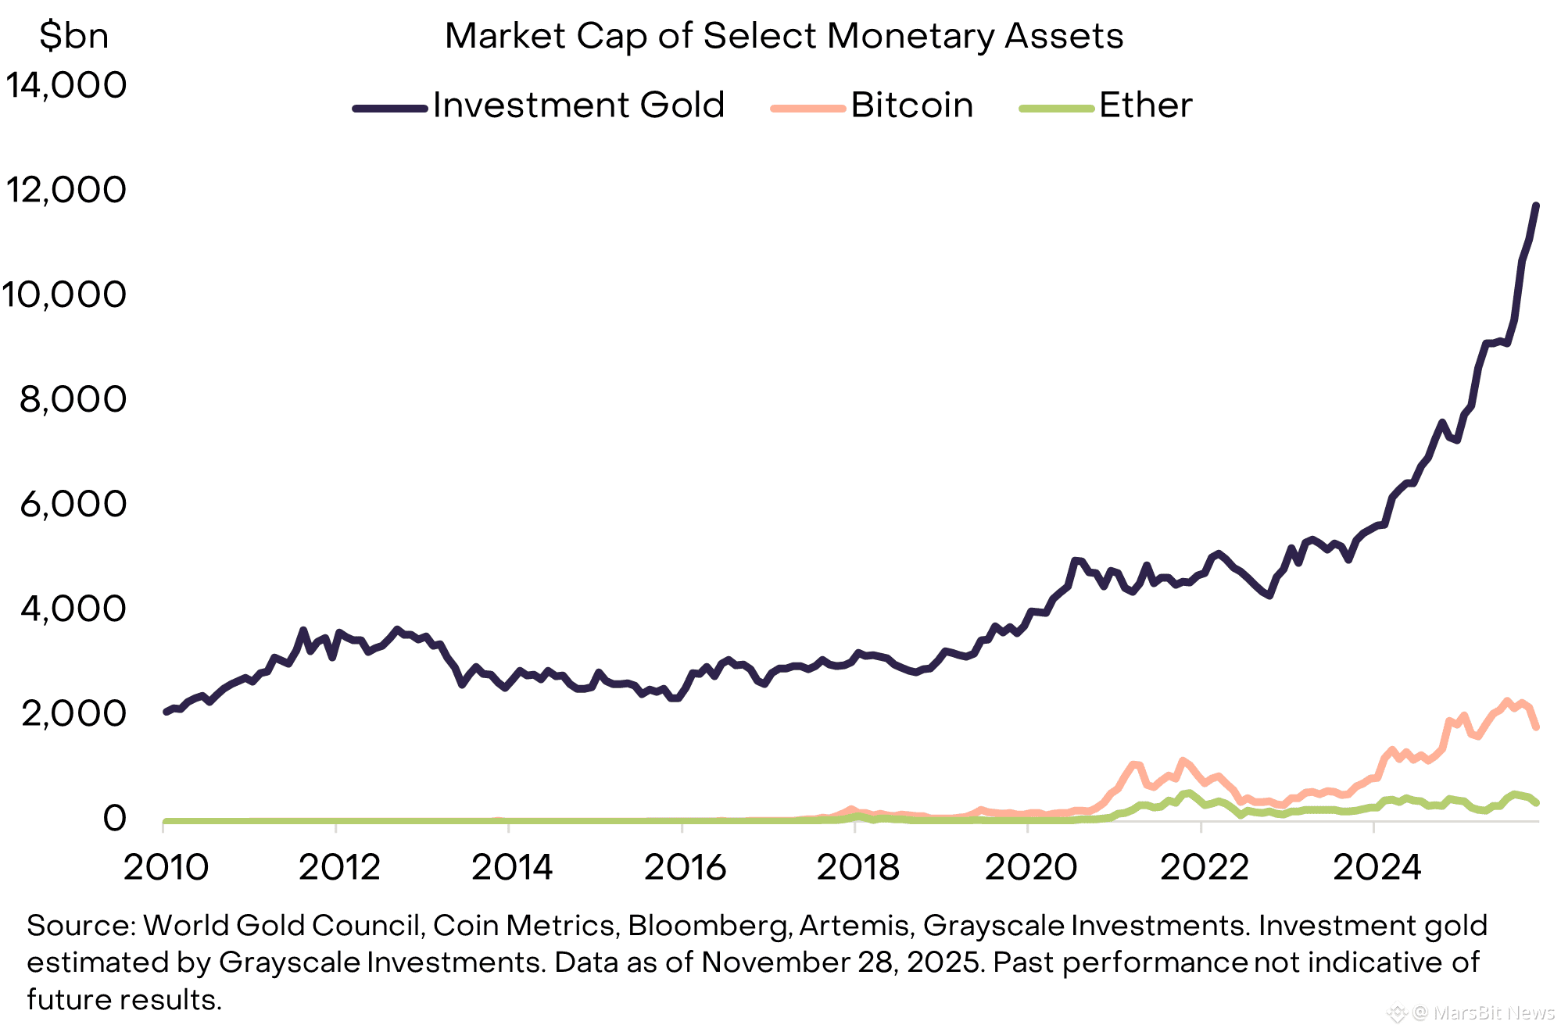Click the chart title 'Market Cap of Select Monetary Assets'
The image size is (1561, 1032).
(x=783, y=36)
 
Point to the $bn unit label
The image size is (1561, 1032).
(x=73, y=36)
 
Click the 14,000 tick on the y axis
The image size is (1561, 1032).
(x=66, y=84)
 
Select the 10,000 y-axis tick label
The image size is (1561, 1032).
(x=64, y=295)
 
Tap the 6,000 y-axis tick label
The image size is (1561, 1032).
(x=73, y=504)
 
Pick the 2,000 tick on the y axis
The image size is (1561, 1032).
(x=73, y=713)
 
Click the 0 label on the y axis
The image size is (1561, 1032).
(x=114, y=818)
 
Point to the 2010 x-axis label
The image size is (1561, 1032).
(x=166, y=867)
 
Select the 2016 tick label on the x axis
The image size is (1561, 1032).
(x=685, y=867)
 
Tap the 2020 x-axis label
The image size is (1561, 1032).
(x=1030, y=867)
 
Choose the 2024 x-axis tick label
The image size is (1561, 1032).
(x=1377, y=867)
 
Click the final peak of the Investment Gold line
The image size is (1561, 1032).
(x=1536, y=205)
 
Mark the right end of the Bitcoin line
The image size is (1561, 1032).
(x=1537, y=727)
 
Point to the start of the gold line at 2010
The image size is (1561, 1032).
(x=166, y=712)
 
